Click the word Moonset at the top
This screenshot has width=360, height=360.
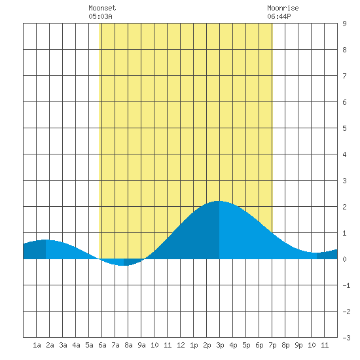[x=102, y=8]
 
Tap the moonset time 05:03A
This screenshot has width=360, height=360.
[x=100, y=16]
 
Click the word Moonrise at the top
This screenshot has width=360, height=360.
[x=283, y=8]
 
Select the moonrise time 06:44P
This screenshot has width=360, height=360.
[x=279, y=16]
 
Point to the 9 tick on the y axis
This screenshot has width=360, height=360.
[x=344, y=24]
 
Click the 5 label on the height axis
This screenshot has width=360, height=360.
[x=344, y=128]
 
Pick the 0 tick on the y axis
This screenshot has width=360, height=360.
[x=344, y=259]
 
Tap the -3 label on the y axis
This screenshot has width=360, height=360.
[x=346, y=338]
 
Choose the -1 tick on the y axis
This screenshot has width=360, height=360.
[x=346, y=285]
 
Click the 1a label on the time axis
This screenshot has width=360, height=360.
[x=37, y=345]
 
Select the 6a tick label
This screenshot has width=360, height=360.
[x=102, y=345]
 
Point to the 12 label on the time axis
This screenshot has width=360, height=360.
[x=181, y=345]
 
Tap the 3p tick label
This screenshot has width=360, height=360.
[x=220, y=345]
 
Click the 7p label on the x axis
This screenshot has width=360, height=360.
[x=272, y=345]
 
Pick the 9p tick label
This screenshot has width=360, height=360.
[x=298, y=345]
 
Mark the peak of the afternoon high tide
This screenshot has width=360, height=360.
[x=219, y=201]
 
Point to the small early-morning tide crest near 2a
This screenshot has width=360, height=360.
[x=46, y=240]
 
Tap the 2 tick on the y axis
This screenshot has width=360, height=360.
[x=344, y=207]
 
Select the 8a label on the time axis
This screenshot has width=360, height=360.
[x=128, y=345]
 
